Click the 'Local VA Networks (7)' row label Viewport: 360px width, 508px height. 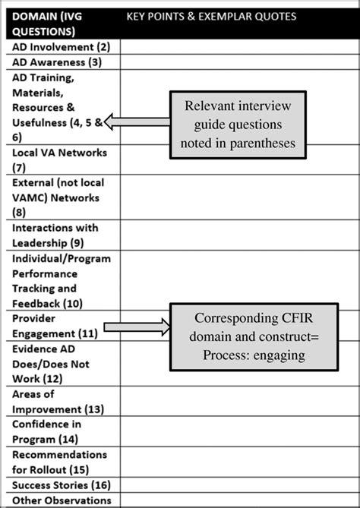[x=59, y=159]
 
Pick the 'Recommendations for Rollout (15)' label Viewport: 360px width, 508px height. [x=59, y=462]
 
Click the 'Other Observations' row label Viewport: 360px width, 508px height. [x=61, y=500]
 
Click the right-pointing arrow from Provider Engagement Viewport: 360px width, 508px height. [x=137, y=327]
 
